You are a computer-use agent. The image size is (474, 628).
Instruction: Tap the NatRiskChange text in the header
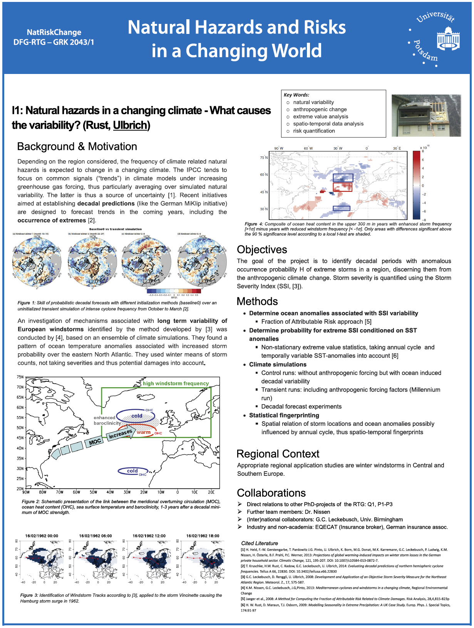click(54, 32)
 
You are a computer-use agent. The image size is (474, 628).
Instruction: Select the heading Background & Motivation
click(77, 146)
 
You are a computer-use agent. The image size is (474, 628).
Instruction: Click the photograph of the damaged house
click(426, 116)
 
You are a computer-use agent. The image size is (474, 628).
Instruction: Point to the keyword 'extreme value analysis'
click(320, 116)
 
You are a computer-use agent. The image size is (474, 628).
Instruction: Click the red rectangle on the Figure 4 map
click(342, 187)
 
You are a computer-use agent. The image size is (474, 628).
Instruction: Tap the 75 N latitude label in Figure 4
click(264, 158)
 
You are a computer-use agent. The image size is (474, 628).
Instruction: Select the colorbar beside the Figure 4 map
click(416, 185)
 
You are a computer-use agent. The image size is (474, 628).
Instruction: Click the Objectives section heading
click(262, 250)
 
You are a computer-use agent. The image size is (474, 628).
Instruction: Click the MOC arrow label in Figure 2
click(95, 442)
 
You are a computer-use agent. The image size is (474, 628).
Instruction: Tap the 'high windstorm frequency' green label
click(176, 383)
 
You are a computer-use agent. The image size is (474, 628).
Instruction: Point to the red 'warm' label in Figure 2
click(144, 432)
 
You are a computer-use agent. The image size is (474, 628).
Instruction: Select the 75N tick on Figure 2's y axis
click(20, 377)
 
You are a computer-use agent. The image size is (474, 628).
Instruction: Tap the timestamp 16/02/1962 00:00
click(42, 536)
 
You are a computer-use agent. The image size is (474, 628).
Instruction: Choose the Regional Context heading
click(278, 454)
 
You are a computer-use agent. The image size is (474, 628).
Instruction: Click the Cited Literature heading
click(259, 543)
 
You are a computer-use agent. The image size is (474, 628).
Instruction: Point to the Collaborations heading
click(271, 493)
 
